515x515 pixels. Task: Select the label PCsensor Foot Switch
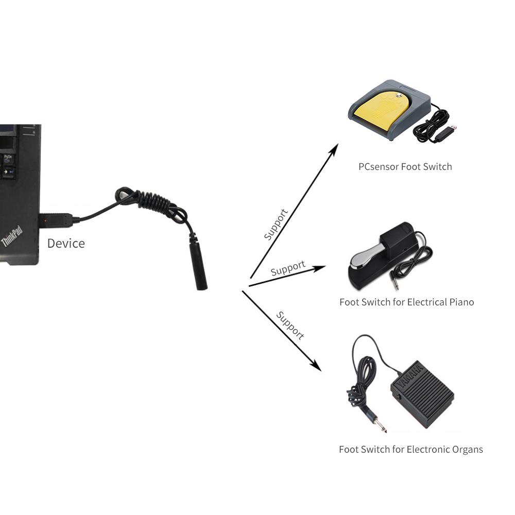coord(405,167)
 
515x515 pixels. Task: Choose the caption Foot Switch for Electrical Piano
coord(406,302)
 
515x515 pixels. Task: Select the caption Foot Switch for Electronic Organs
coord(410,450)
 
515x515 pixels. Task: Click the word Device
coord(66,243)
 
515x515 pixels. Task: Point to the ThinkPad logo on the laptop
coord(11,236)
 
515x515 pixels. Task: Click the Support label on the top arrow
coord(276,224)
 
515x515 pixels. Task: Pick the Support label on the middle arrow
coord(288,268)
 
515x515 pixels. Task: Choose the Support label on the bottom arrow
coord(290,325)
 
